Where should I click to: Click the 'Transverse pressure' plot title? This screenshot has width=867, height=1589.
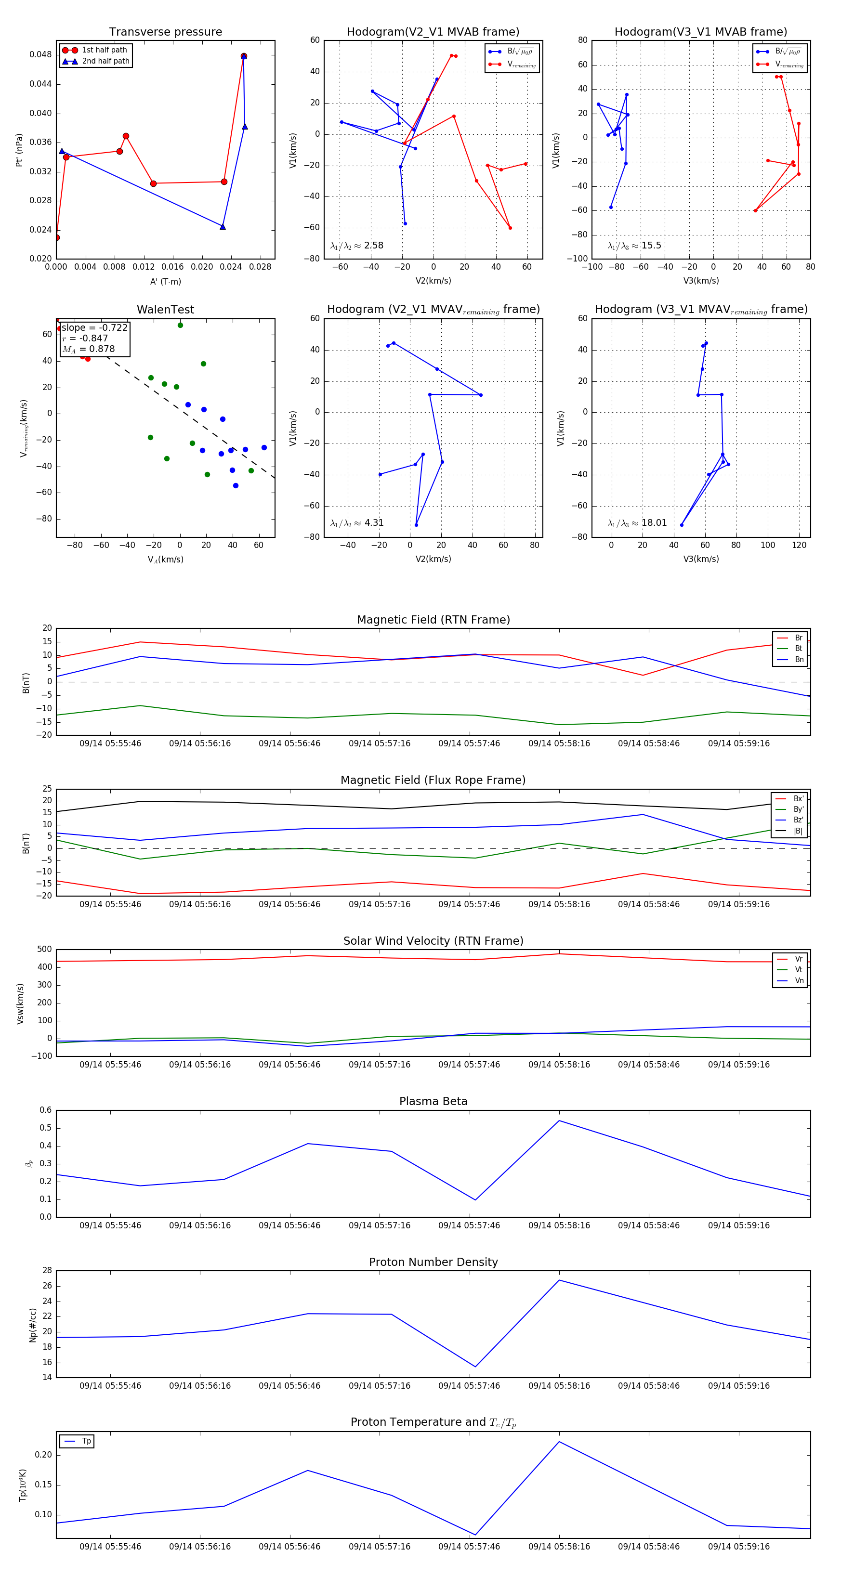tap(165, 32)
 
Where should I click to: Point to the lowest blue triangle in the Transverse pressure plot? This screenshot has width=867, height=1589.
tap(223, 227)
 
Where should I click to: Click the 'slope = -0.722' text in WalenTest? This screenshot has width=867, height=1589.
tap(94, 327)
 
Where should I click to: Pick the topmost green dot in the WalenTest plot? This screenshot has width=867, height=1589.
tap(180, 325)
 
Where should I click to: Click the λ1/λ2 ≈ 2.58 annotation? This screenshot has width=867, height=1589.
tap(356, 246)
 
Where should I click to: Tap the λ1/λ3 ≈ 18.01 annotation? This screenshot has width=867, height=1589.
tap(637, 523)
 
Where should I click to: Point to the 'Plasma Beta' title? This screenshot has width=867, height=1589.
tap(433, 1102)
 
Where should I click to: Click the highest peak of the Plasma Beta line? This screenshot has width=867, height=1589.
tap(559, 1121)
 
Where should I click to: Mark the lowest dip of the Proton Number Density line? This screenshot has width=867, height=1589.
tap(475, 1367)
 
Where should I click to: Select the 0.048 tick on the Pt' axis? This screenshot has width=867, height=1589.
tap(41, 55)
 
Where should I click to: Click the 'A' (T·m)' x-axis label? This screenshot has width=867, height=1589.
tap(165, 282)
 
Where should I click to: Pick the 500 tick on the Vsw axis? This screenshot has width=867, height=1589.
tap(44, 950)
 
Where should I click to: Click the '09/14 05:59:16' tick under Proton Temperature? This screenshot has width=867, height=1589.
tap(739, 1547)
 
